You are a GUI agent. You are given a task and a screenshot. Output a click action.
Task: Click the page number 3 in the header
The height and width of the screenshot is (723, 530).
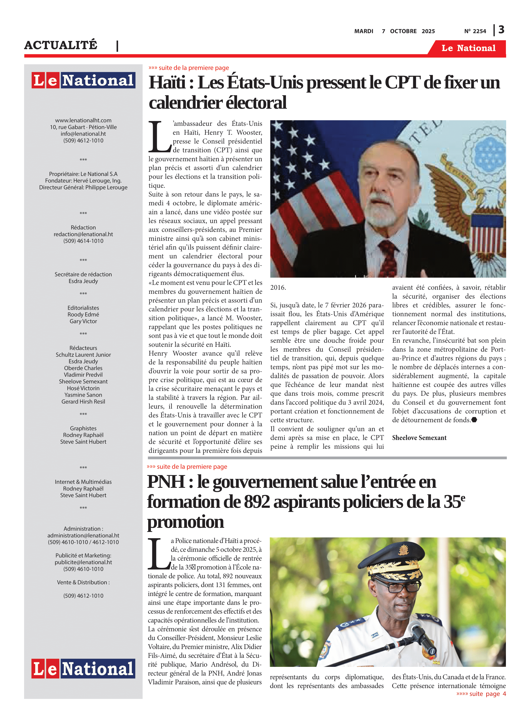point(501,30)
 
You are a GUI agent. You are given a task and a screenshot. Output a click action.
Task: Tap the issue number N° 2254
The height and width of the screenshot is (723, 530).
point(475,31)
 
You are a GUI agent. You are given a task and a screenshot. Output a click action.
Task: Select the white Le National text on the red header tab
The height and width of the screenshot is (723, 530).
point(468,48)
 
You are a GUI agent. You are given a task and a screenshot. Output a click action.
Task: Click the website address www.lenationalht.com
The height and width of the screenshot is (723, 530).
point(83,120)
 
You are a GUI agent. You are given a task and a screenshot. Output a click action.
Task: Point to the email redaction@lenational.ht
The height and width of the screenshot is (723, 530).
point(83,234)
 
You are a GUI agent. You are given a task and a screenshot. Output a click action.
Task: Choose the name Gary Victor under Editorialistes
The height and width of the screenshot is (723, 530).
point(83,321)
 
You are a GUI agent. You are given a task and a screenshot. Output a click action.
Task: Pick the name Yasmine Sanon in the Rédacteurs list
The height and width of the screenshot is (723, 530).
point(83,395)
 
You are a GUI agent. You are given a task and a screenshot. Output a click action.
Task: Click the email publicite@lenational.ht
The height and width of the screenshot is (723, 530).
point(83,562)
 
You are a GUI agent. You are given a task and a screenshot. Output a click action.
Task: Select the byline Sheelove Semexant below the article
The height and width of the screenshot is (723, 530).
point(419,438)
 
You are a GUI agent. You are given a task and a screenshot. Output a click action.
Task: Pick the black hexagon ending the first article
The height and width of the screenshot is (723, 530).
point(474,420)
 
